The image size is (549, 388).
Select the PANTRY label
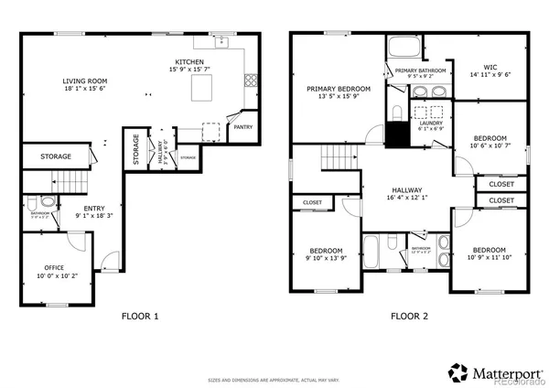[x=244, y=127]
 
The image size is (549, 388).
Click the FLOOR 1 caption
[x=140, y=317]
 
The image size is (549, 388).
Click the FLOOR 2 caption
[x=409, y=317]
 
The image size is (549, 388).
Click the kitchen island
[x=204, y=87]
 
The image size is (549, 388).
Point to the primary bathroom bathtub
[x=404, y=48]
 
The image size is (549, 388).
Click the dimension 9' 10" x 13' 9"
[x=325, y=258]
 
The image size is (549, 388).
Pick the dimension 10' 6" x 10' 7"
[x=489, y=145]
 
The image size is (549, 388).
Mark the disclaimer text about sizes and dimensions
[x=274, y=378]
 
